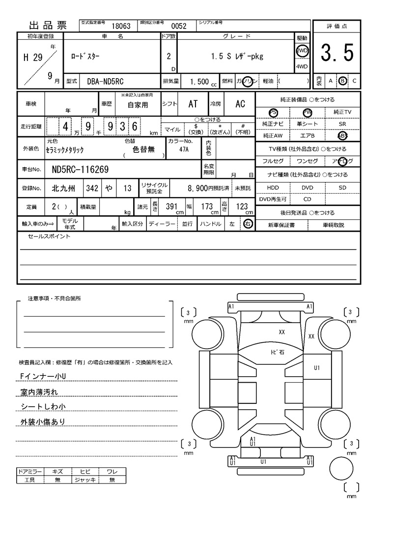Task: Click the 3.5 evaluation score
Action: pyautogui.click(x=337, y=53)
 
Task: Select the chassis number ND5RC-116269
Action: pyautogui.click(x=80, y=170)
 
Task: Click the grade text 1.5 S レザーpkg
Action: pyautogui.click(x=237, y=56)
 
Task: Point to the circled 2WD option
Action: pyautogui.click(x=301, y=51)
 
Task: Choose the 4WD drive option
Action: pyautogui.click(x=301, y=67)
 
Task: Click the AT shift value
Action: pyautogui.click(x=193, y=104)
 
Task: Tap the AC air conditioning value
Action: pyautogui.click(x=240, y=104)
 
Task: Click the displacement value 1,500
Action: pyautogui.click(x=199, y=81)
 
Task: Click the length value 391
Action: pyautogui.click(x=171, y=207)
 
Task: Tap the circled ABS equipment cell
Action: pyautogui.click(x=342, y=135)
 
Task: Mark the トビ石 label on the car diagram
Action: pyautogui.click(x=278, y=352)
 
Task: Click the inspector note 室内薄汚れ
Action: pyautogui.click(x=39, y=392)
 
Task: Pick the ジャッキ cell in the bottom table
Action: pyautogui.click(x=84, y=480)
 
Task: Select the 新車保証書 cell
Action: pyautogui.click(x=281, y=225)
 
